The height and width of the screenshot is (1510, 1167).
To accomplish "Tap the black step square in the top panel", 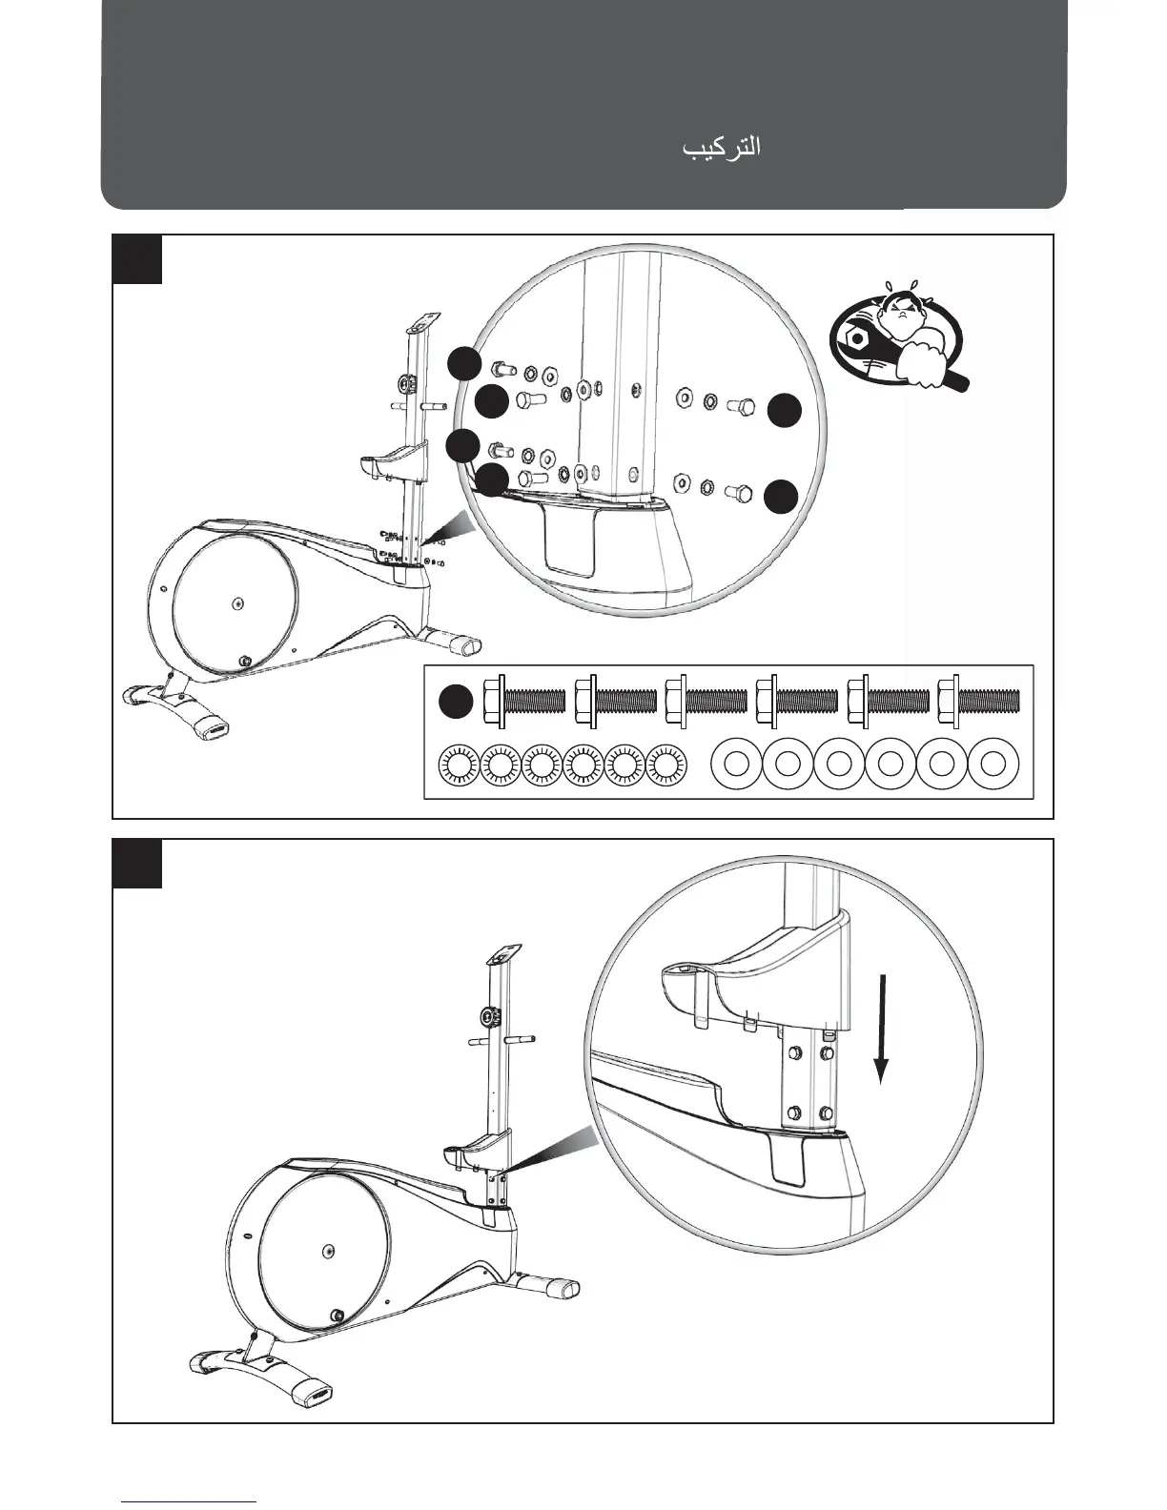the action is [137, 259].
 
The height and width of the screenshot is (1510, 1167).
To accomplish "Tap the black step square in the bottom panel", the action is [137, 864].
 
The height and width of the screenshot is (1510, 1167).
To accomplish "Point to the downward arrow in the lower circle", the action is [883, 1028].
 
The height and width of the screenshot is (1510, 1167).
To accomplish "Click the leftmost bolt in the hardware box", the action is [525, 702].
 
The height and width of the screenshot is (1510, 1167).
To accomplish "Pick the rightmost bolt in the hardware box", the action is [979, 702].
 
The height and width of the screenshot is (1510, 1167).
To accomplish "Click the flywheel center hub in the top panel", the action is [237, 602].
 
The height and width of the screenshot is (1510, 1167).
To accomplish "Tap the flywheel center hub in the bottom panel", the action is [328, 1250].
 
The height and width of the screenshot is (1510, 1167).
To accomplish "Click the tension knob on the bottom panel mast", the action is [491, 1016].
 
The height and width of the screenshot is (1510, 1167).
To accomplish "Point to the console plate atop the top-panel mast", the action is [420, 324].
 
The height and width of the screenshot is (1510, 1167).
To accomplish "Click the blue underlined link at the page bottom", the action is [190, 1501].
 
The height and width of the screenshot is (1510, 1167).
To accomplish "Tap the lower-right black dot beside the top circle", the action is [782, 497].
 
